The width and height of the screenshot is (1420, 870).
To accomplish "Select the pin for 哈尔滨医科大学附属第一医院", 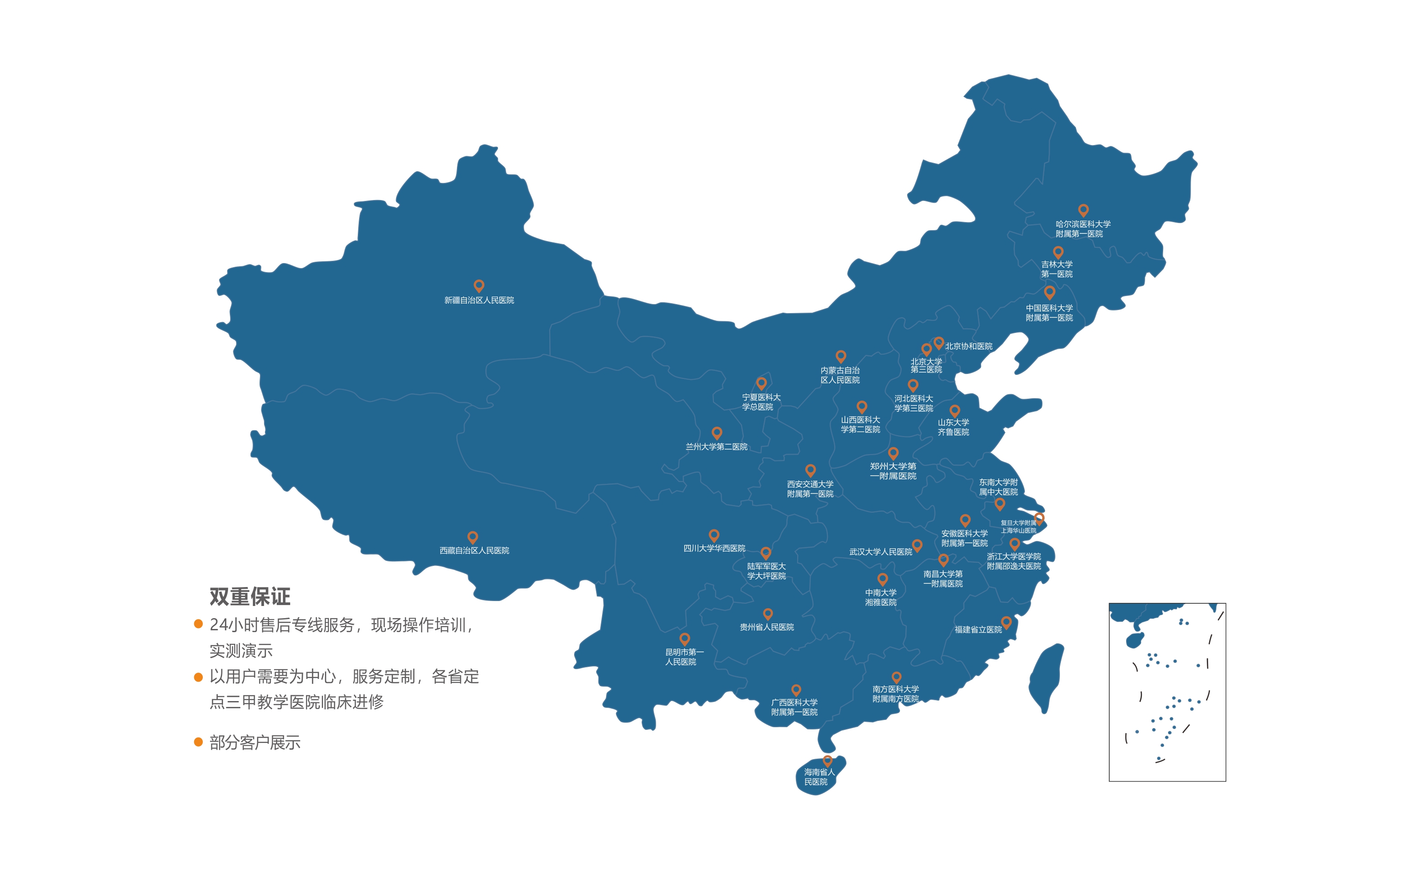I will coord(1083,210).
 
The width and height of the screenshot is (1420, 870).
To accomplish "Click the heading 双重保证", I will coord(250,597).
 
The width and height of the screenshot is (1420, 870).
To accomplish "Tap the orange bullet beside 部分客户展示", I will coord(198,742).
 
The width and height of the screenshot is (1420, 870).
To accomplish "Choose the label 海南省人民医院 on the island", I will coord(818,777).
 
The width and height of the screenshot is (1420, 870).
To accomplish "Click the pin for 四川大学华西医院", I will coord(713,535).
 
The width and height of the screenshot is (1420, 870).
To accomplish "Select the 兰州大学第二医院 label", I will coord(717,446).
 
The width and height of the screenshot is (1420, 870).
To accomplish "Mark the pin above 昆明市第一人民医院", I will coord(685,638).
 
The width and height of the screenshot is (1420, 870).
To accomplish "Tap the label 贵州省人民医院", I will coord(767,627).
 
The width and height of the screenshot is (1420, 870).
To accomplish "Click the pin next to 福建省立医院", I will coord(1006,622).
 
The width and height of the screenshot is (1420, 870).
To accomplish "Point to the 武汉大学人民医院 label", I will coord(880,552).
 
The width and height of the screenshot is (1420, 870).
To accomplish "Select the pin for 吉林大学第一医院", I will coord(1058,252).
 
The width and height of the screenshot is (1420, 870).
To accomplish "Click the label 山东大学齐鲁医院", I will coord(953,427).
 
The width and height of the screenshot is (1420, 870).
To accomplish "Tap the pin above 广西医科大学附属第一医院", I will coord(796,690).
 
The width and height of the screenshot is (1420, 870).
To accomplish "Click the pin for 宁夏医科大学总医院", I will coord(761,383).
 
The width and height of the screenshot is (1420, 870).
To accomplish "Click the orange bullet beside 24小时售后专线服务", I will coord(198,624).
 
